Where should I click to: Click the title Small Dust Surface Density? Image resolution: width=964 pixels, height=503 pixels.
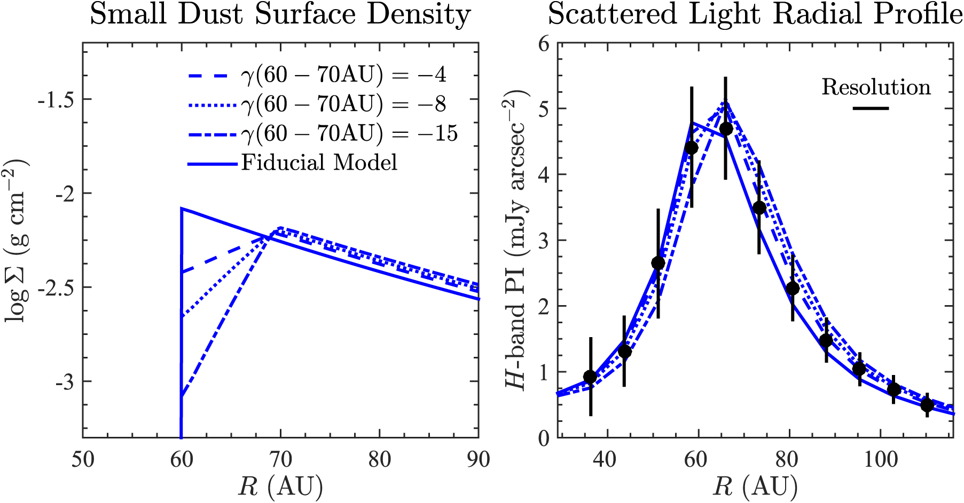280,14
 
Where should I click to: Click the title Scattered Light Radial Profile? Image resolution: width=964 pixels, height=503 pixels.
755,14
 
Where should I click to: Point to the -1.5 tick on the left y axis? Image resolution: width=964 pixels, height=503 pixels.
56,100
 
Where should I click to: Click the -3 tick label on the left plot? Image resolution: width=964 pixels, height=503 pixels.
63,382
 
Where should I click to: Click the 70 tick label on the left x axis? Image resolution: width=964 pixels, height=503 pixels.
280,459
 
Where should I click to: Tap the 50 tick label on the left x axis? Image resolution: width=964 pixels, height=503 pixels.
83,459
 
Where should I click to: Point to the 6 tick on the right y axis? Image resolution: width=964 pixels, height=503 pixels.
544,44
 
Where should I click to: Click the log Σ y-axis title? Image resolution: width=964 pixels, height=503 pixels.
18,240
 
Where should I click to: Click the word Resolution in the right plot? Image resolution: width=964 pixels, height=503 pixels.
876,87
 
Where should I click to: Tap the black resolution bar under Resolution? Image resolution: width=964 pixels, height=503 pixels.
871,109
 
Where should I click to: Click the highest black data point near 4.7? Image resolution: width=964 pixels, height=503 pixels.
726,129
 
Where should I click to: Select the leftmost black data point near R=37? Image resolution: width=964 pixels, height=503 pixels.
590,377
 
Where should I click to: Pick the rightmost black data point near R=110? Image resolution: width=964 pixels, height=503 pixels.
927,405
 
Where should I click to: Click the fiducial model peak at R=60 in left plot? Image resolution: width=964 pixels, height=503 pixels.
182,209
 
